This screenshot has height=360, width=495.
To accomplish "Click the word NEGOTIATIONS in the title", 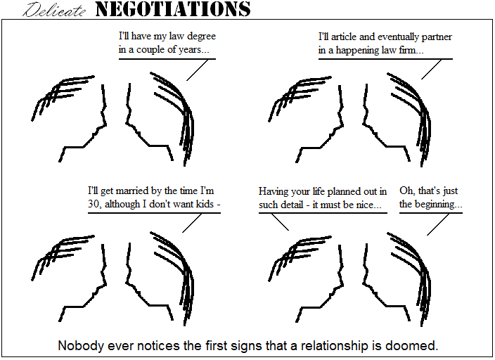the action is tap(173, 9).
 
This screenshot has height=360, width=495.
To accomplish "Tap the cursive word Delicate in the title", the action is tap(54, 10).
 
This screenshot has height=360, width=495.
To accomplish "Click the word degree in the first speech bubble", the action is tap(201, 37).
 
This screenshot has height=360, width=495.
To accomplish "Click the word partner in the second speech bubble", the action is tap(437, 37).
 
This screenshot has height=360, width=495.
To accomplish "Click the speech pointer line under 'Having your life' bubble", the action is tap(280, 222).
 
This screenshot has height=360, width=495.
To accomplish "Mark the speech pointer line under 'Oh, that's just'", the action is tap(438, 224).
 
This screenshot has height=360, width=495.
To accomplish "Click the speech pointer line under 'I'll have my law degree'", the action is tap(198, 70).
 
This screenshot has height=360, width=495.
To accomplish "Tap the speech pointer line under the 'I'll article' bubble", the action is tap(432, 69).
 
